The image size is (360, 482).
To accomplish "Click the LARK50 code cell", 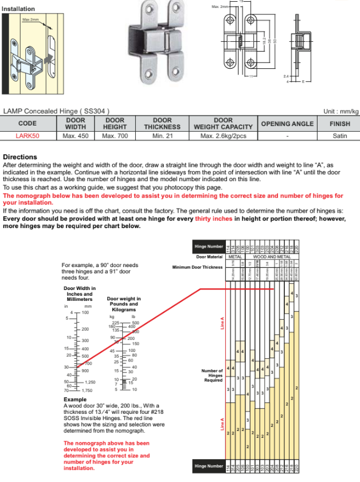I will [x=27, y=136].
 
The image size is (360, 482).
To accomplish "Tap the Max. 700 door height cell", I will [x=115, y=136].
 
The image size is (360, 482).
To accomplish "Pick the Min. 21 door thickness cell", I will [x=162, y=136].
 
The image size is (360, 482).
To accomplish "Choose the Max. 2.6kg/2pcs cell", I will [x=223, y=136].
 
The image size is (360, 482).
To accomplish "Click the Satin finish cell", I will [x=340, y=136].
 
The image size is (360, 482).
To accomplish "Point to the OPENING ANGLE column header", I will [x=287, y=124].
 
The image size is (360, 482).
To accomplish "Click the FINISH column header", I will [x=340, y=124].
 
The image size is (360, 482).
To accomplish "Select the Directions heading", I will [x=20, y=157].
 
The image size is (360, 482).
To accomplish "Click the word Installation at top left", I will [x=19, y=9].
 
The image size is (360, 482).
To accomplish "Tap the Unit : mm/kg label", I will [x=341, y=111].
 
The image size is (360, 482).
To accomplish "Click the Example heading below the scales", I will [x=75, y=399].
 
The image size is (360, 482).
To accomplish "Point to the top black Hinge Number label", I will [x=209, y=246].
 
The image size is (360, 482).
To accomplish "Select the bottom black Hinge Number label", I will [x=209, y=466].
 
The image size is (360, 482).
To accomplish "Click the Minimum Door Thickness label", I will [x=198, y=267].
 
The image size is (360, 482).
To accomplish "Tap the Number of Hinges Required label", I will [x=212, y=375].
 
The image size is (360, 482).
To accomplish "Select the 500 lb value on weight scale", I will [x=135, y=323].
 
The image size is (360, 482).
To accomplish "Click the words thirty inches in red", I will [x=213, y=219].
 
